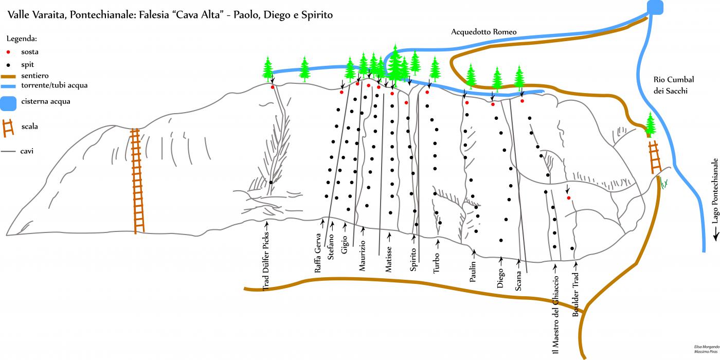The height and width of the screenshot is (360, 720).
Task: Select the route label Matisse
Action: pyautogui.click(x=389, y=259)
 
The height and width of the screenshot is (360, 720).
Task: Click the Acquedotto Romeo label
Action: pyautogui.click(x=483, y=32)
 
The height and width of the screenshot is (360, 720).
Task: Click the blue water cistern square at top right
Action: pyautogui.click(x=655, y=7)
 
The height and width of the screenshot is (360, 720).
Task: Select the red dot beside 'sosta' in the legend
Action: pyautogui.click(x=8, y=52)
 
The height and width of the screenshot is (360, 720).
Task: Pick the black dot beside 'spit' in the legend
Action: pyautogui.click(x=8, y=65)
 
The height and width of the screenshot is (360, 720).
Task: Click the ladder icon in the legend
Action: pyautogui.click(x=8, y=128)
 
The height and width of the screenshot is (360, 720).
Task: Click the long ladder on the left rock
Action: pyautogui.click(x=137, y=180)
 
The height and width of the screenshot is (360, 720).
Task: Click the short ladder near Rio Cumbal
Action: pyautogui.click(x=655, y=157)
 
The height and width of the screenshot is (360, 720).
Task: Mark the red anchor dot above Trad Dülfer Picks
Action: pyautogui.click(x=272, y=87)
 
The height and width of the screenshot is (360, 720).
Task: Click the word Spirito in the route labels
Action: pyautogui.click(x=413, y=260)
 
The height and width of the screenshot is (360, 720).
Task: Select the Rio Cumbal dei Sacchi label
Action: pyautogui.click(x=674, y=85)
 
